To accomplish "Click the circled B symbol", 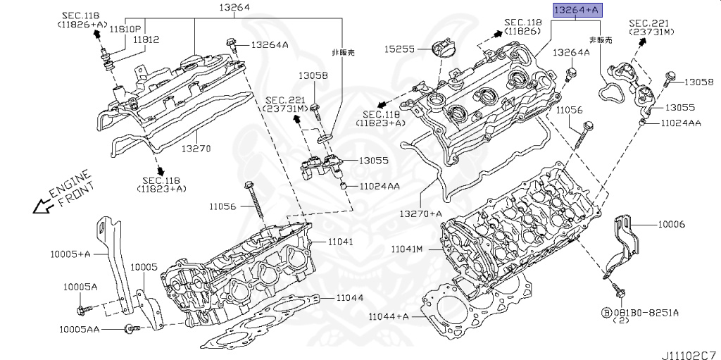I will point(605,311).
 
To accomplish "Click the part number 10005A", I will point(80,287).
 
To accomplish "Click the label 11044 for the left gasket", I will point(349,298).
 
